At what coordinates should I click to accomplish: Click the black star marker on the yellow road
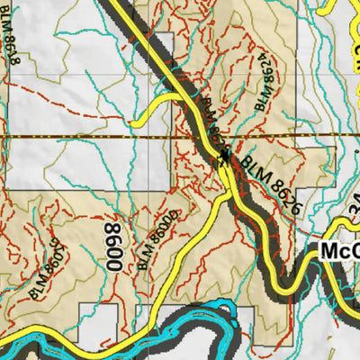pos(223,158)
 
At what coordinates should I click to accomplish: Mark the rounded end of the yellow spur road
pos(135,122)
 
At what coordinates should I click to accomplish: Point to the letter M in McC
pos(328,251)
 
